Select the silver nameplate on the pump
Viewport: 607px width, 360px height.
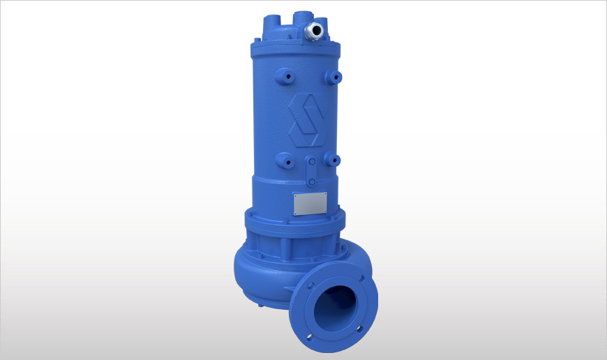(310, 204)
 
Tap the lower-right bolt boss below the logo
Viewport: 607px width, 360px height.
(336, 161)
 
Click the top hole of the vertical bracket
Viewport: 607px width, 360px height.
(313, 160)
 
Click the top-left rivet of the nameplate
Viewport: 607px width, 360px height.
(297, 197)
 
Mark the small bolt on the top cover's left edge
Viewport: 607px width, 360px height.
(256, 44)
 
